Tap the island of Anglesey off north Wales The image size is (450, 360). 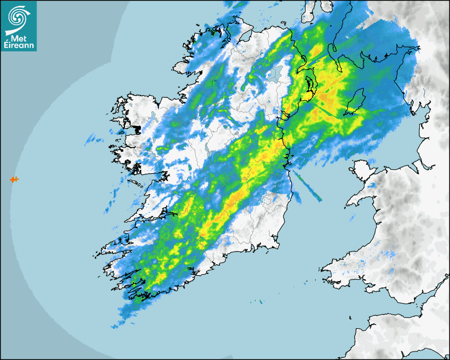[359, 172]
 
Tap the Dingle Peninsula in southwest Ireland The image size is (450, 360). [114, 245]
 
